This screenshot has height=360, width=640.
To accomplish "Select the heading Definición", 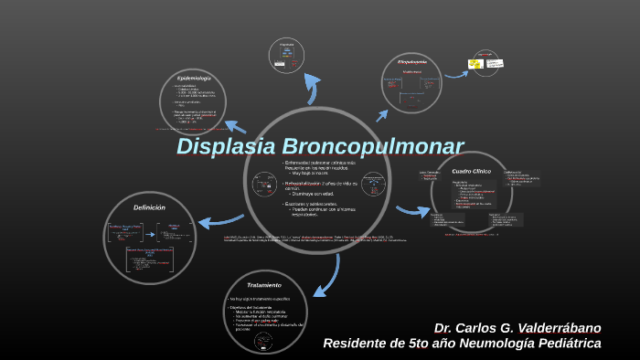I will point(149,207).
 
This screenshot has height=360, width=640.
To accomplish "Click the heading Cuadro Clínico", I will point(472,171).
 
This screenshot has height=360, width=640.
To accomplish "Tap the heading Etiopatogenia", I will point(412,61).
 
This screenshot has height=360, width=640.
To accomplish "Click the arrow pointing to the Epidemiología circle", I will point(235,127).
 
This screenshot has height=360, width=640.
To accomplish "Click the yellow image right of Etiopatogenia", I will point(475,64).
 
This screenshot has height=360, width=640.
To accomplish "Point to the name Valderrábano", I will point(558,328).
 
